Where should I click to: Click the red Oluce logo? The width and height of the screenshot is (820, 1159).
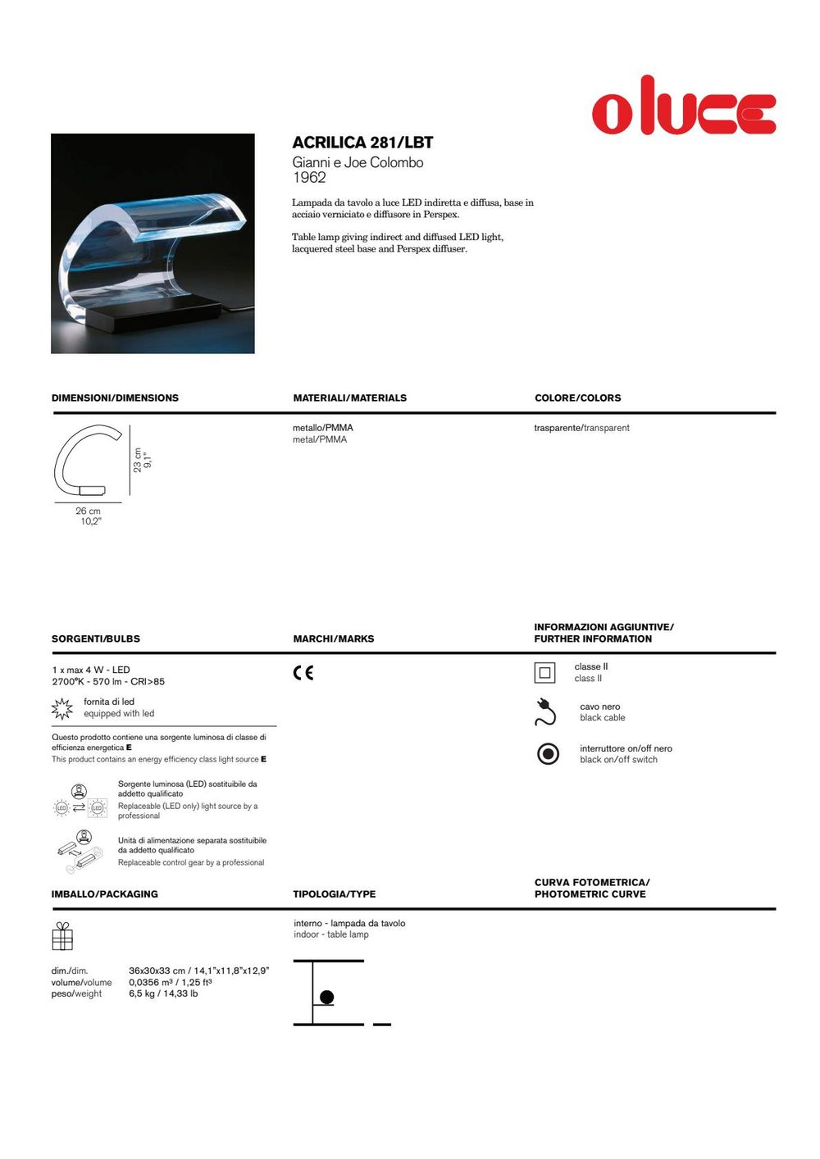click(x=684, y=107)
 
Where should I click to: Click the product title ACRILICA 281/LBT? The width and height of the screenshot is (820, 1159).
click(x=362, y=143)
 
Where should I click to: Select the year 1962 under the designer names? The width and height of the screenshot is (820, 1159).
click(x=309, y=178)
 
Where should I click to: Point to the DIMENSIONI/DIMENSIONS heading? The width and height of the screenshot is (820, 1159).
click(x=115, y=398)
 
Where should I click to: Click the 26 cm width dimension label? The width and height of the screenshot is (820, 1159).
click(x=89, y=511)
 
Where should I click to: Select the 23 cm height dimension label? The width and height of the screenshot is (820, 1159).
click(x=138, y=460)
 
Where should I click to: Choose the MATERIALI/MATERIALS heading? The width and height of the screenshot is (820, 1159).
click(x=349, y=398)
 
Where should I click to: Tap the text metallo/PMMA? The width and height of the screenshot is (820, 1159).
click(x=323, y=428)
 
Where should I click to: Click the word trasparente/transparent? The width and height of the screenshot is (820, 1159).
click(x=581, y=428)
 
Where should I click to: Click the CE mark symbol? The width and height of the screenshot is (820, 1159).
click(x=303, y=673)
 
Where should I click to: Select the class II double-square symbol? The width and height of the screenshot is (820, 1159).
click(x=545, y=673)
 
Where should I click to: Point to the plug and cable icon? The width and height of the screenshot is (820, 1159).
click(x=545, y=711)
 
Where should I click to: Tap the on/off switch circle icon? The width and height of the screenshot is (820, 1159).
click(x=548, y=753)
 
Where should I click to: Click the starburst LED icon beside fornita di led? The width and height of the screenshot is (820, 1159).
click(x=62, y=708)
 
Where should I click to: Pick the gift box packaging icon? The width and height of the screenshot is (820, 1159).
click(x=62, y=935)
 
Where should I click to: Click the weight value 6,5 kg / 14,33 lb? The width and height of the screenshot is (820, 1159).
click(x=163, y=994)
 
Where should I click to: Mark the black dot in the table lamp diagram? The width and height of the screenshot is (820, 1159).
click(x=326, y=998)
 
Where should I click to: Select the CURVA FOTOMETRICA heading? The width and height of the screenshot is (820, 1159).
click(x=592, y=883)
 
